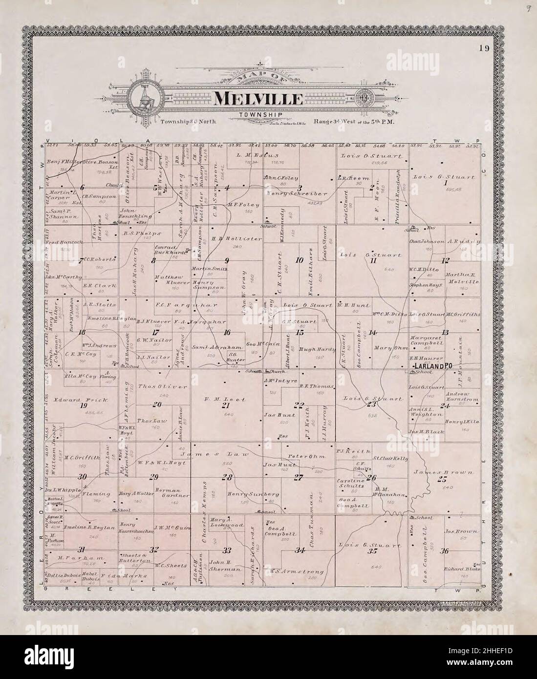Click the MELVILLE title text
click(x=258, y=98)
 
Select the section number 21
click(x=226, y=405)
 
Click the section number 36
click(x=445, y=551)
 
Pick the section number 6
click(x=83, y=187)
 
